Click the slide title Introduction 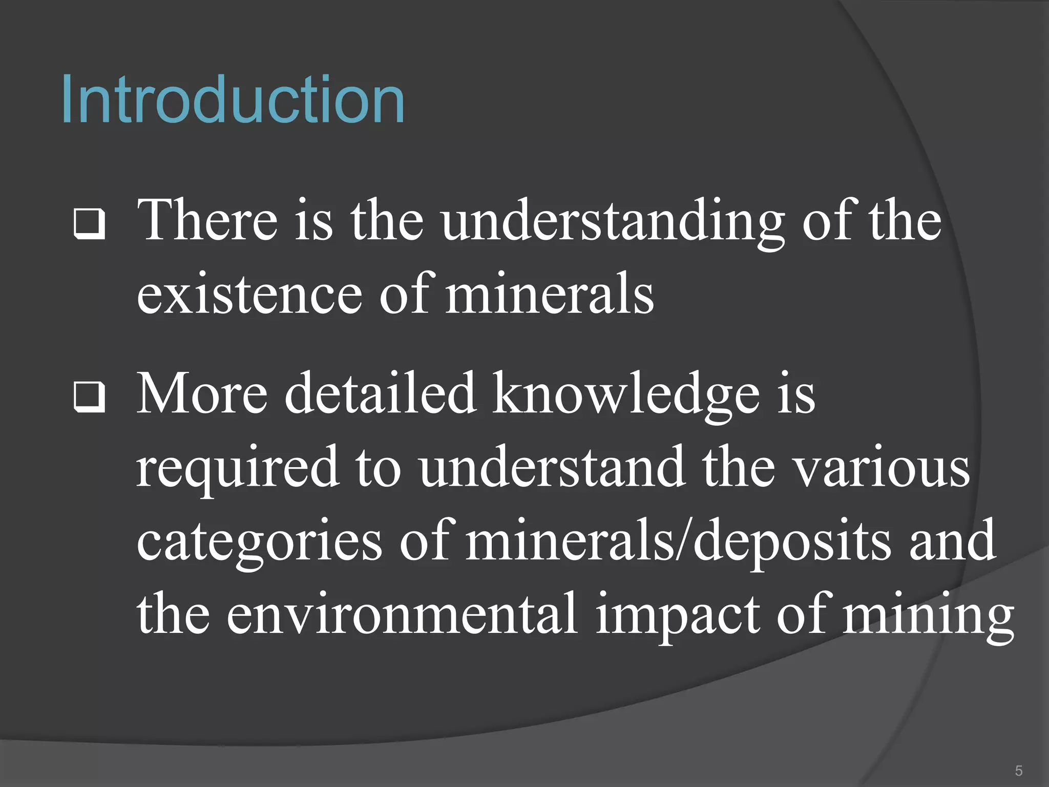tap(233, 99)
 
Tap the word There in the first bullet tap(207, 220)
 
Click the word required tap(238, 469)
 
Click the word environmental tap(402, 615)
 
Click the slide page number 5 tap(1019, 771)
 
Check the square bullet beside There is tap(90, 223)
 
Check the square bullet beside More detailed tap(90, 397)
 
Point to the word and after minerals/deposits tap(952, 541)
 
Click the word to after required tap(378, 469)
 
